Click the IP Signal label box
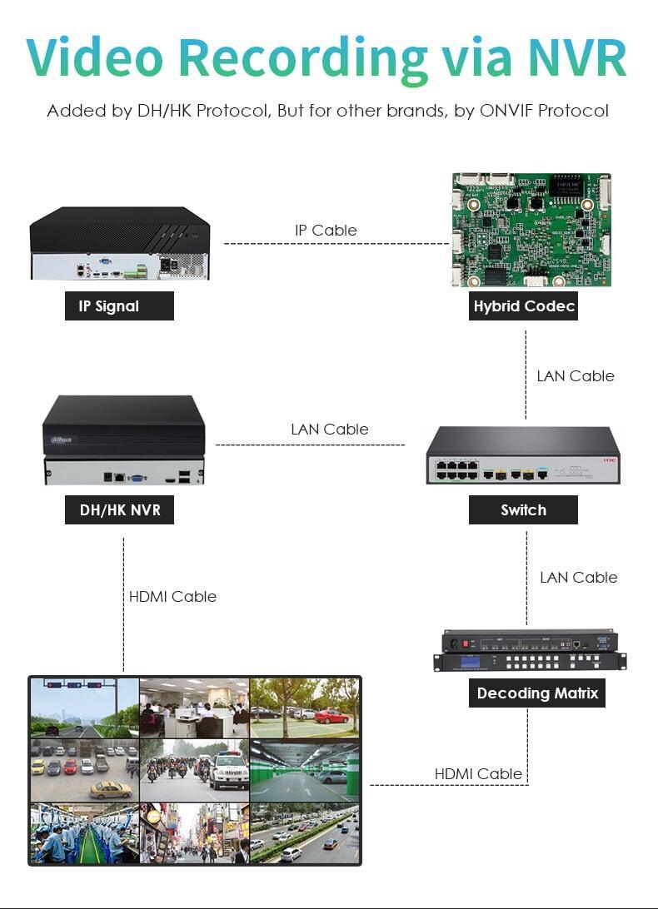[x=119, y=306]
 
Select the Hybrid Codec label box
[x=524, y=306]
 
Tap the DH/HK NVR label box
[x=119, y=509]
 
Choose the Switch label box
[x=523, y=509]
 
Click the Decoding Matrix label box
[x=537, y=693]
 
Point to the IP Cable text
[x=326, y=231]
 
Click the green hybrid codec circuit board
[x=531, y=229]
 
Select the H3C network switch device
[x=523, y=454]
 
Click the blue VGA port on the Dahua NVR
[x=137, y=478]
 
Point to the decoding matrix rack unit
[x=530, y=651]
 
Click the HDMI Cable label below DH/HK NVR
[x=172, y=597]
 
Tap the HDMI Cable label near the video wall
[x=478, y=774]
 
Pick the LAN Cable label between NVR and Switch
[x=329, y=430]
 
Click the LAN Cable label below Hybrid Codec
[x=576, y=376]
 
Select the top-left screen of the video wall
[x=84, y=707]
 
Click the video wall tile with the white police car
[x=194, y=769]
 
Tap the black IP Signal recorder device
[x=119, y=242]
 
